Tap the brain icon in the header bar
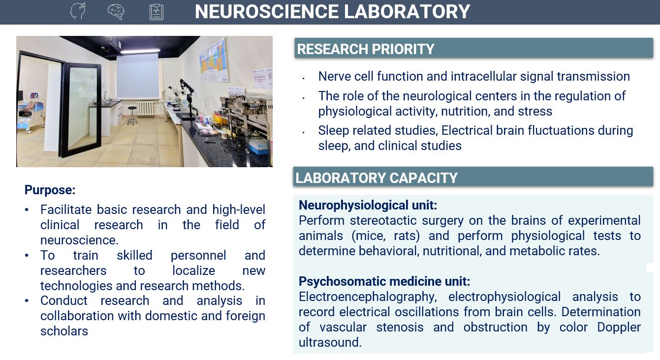(116, 11)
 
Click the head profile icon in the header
(78, 11)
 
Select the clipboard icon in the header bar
(157, 12)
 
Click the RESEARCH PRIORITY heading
(366, 49)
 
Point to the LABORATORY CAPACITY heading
(377, 178)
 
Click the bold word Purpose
(50, 190)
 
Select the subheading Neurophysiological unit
(368, 205)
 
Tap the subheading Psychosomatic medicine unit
(384, 281)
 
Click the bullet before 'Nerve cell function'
(304, 78)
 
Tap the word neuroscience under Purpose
(79, 240)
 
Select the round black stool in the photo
(132, 115)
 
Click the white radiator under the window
(146, 108)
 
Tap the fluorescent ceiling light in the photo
(140, 50)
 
